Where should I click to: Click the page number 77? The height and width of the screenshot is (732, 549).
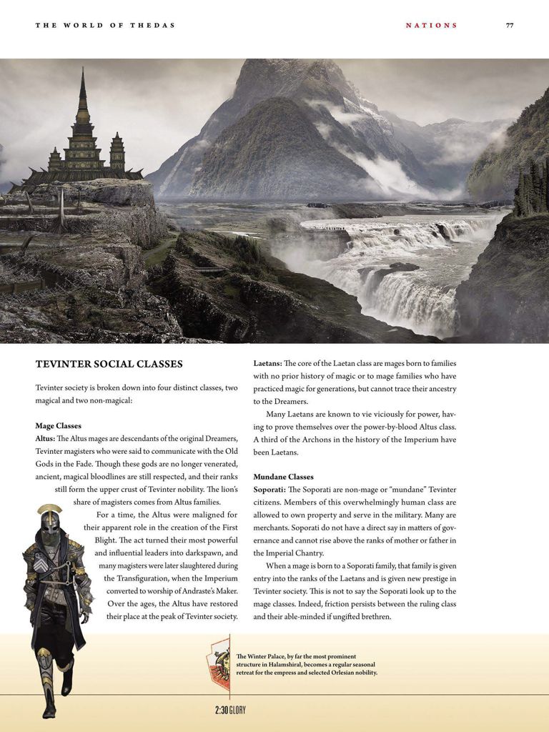(x=510, y=25)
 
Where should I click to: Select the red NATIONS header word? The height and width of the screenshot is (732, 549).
(x=431, y=25)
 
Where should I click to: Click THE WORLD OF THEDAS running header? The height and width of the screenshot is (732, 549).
(x=105, y=25)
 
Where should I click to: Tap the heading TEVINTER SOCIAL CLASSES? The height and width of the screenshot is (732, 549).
(x=109, y=364)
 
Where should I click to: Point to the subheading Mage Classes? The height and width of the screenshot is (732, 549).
(x=58, y=425)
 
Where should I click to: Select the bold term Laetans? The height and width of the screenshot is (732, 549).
(x=267, y=363)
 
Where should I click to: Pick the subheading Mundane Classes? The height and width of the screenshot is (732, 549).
(x=283, y=476)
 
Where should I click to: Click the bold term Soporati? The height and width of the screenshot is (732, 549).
(x=271, y=489)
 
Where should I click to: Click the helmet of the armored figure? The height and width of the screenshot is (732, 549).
(x=49, y=520)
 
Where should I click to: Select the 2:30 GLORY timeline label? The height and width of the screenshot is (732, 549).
(x=225, y=710)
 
